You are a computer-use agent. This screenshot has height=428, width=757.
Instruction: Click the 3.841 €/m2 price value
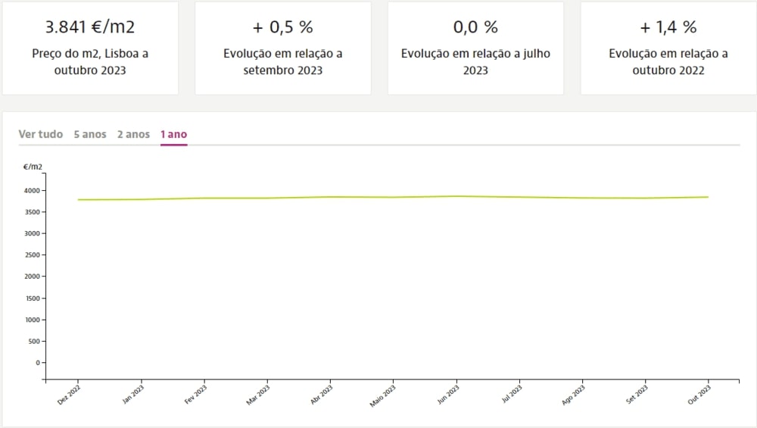tap(90, 28)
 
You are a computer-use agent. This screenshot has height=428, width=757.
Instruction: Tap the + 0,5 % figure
tap(282, 28)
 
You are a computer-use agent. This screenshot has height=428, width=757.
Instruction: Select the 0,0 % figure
tap(475, 28)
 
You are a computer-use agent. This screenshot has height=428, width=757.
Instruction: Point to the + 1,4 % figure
tap(668, 28)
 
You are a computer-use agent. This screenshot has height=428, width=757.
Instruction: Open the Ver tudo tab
tap(41, 135)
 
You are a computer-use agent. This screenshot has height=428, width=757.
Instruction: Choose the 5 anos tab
tap(90, 135)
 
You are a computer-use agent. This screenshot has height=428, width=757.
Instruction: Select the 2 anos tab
tap(133, 135)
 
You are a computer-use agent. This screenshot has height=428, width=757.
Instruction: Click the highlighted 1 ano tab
tap(173, 135)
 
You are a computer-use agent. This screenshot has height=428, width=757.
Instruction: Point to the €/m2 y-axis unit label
tap(33, 166)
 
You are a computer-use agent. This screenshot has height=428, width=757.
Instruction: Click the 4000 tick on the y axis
tap(32, 191)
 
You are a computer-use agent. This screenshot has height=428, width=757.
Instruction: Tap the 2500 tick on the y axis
tap(32, 255)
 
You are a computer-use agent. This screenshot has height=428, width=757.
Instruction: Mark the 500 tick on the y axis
tap(34, 341)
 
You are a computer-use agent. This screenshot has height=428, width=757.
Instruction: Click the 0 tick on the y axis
tap(37, 363)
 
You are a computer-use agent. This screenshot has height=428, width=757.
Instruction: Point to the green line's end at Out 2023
tap(708, 197)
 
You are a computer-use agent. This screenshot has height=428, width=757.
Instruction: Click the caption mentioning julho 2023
tap(475, 62)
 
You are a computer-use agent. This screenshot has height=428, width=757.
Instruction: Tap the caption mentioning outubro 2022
tap(668, 62)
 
